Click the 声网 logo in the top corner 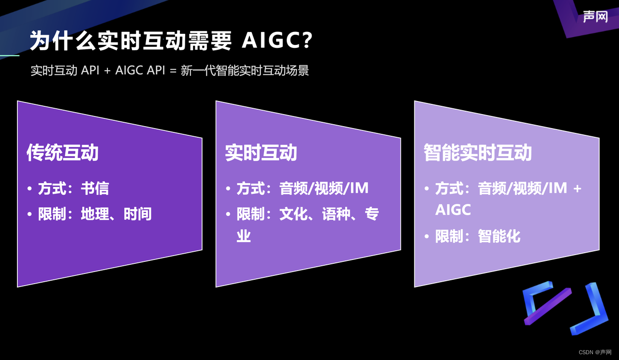[595, 17]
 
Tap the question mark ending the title [307, 42]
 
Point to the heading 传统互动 [62, 153]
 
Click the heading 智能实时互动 [477, 153]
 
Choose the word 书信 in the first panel [95, 188]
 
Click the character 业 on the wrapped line [244, 236]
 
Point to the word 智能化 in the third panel [499, 236]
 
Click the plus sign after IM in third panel [577, 188]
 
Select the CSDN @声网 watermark [595, 352]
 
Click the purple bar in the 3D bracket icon [547, 306]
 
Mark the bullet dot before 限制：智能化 [427, 236]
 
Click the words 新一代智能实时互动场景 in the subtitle [245, 71]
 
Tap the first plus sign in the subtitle [107, 71]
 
